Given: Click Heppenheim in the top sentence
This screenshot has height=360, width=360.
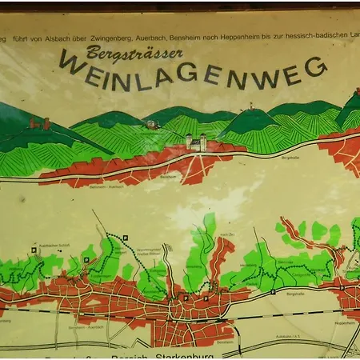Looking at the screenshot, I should (x=259, y=37).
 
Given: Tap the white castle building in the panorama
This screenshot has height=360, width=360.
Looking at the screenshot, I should (x=196, y=142).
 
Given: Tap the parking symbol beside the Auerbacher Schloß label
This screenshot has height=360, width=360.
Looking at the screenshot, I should (x=34, y=250).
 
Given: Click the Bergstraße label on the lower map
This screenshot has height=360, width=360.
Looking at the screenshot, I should (x=294, y=294).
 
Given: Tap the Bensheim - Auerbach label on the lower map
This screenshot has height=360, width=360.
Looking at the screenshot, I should (x=87, y=329).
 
